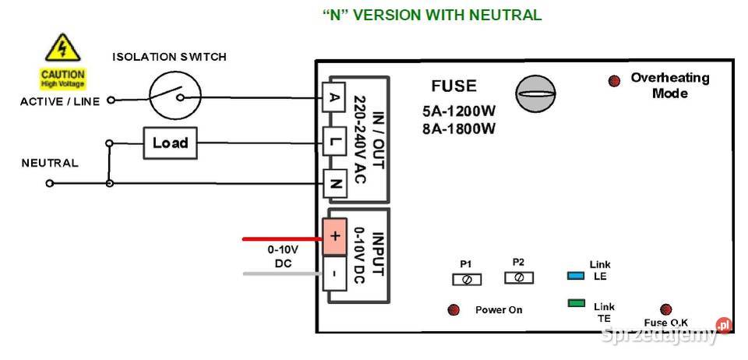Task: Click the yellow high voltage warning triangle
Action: [x=61, y=48]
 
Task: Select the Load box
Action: [x=170, y=143]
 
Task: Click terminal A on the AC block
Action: [x=334, y=98]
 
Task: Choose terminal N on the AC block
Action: [x=334, y=184]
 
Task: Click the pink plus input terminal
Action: [x=334, y=236]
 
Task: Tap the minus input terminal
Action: [x=334, y=274]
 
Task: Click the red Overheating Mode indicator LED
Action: [x=614, y=80]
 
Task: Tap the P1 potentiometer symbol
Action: [x=466, y=279]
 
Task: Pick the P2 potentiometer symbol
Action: [x=519, y=277]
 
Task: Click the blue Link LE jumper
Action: [x=577, y=276]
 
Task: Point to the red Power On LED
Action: [x=453, y=310]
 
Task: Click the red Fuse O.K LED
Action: [x=665, y=309]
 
